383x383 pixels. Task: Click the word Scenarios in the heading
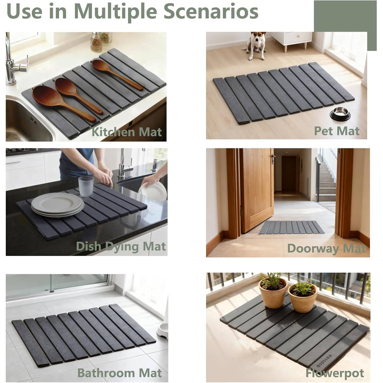(x=211, y=11)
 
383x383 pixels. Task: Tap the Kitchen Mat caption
(x=127, y=132)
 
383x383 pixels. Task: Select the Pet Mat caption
(x=337, y=131)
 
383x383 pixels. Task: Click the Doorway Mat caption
(x=327, y=248)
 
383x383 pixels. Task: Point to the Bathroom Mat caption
(x=119, y=373)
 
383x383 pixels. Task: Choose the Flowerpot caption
(x=335, y=373)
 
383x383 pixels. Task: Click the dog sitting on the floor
(x=255, y=46)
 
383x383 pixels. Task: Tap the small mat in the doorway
(x=292, y=227)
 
